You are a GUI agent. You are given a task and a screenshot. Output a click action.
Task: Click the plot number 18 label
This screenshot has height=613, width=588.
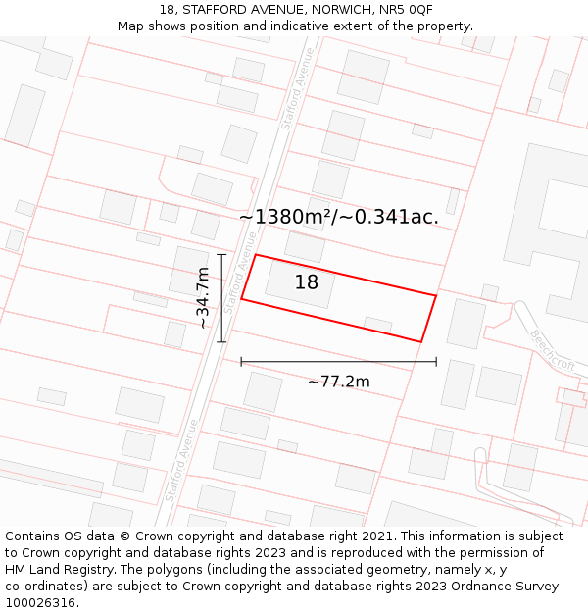pos(307,282)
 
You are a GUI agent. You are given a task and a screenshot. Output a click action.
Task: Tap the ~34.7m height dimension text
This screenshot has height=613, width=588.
pos(203,298)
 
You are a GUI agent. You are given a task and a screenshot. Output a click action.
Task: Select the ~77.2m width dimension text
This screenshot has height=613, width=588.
pos(339,382)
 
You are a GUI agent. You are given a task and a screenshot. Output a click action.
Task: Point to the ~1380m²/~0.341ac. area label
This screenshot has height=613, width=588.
pos(339,218)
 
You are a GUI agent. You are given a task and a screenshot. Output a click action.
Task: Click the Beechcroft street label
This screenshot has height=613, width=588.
pos(552,350)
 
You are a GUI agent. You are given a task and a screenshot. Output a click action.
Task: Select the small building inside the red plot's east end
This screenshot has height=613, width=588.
pos(377,325)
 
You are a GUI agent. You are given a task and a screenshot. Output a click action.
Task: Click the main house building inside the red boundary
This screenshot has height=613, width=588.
pos(300,283)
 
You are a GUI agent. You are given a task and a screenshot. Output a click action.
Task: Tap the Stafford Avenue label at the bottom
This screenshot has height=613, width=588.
pos(181,461)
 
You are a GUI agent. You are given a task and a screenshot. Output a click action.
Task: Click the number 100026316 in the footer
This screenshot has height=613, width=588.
pos(42,602)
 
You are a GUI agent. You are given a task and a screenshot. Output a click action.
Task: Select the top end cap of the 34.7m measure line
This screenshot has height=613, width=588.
pos(221,255)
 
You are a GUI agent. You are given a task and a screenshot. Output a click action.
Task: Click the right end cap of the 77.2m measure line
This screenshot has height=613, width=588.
pos(436,362)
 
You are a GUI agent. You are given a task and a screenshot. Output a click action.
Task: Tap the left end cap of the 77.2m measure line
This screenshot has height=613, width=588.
pos(241,362)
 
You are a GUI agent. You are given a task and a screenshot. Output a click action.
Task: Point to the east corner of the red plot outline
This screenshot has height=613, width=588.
pos(436,294)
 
